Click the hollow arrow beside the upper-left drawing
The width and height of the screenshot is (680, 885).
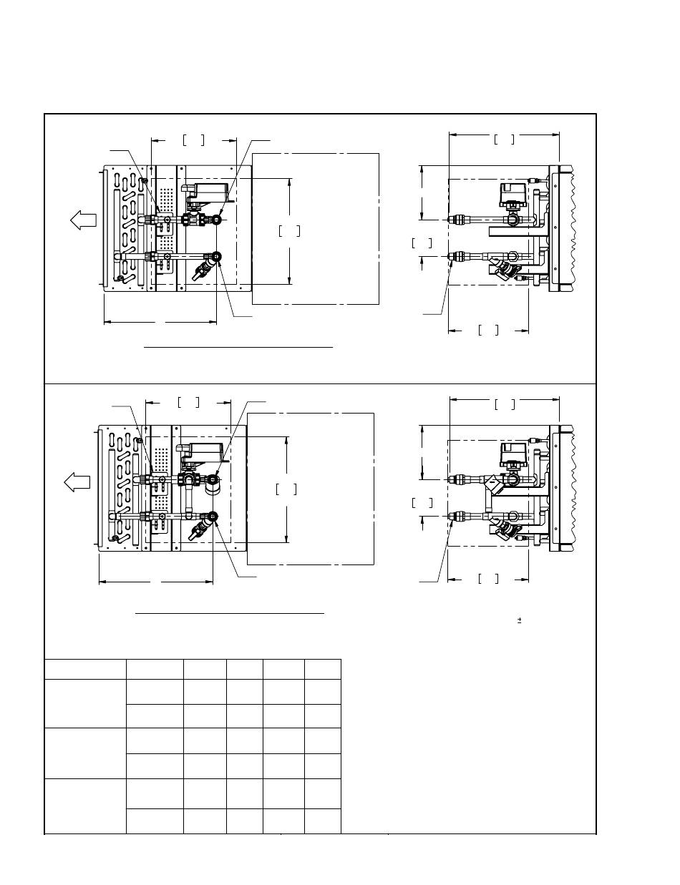coord(83,221)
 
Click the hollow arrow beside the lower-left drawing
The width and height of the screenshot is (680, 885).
coord(77,482)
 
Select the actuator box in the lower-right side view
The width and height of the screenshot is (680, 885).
coord(513,452)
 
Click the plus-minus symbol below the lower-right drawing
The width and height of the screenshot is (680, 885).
coord(518,620)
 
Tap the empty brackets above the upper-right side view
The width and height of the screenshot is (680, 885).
coord(504,140)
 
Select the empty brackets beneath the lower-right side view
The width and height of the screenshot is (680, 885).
coord(488,578)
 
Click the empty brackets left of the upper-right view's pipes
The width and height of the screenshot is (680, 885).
coord(422,243)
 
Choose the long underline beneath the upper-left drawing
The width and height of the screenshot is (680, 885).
coord(238,346)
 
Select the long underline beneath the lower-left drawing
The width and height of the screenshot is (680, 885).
coord(230,613)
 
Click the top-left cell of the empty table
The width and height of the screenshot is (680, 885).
coord(84,669)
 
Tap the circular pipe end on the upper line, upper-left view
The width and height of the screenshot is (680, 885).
coord(217,220)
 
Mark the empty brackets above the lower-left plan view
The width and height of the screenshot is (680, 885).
coord(188,402)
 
